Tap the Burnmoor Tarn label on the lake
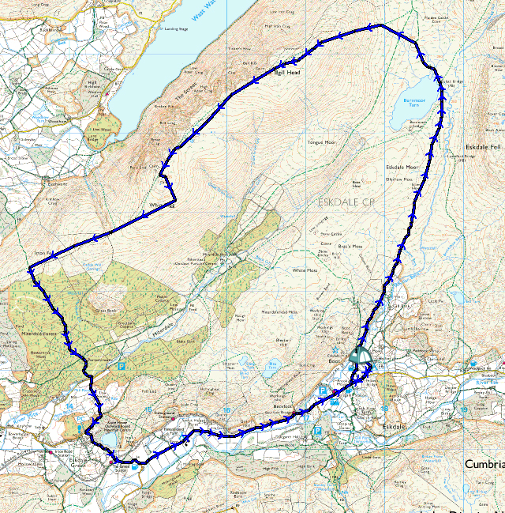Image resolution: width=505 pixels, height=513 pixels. click(413, 103)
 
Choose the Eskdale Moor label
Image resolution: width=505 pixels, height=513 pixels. click(402, 168)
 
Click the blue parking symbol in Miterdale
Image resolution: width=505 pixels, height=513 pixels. click(121, 366)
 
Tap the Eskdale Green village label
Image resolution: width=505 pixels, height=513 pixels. click(82, 462)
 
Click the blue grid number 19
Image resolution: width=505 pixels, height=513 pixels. click(466, 409)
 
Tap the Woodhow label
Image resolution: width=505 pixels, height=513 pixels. click(36, 122)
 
